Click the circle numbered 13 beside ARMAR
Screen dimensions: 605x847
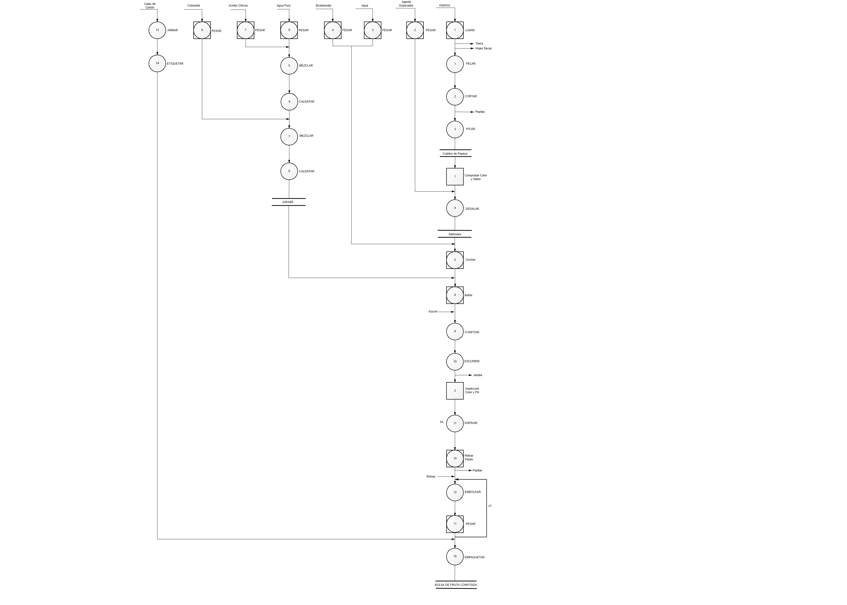click(x=157, y=30)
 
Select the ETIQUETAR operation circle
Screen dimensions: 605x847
click(x=157, y=63)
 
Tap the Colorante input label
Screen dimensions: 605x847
click(x=194, y=6)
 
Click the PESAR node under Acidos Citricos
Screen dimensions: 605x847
click(x=245, y=30)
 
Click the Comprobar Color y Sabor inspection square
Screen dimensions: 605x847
click(x=455, y=177)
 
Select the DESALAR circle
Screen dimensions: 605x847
click(x=455, y=208)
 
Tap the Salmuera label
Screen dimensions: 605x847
click(x=454, y=234)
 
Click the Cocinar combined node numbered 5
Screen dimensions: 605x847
click(x=455, y=260)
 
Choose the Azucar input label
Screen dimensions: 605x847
click(x=433, y=311)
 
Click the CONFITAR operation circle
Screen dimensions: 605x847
click(x=455, y=332)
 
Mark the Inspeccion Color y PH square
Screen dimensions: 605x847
click(x=455, y=391)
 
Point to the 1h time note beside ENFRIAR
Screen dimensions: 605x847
click(x=441, y=422)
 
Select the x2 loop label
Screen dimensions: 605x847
click(x=490, y=506)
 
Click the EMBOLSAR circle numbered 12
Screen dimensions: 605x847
click(x=455, y=492)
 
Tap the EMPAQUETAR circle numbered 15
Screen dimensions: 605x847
click(x=455, y=557)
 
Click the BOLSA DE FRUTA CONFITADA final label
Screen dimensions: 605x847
click(x=456, y=585)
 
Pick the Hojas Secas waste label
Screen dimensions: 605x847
click(x=484, y=48)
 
